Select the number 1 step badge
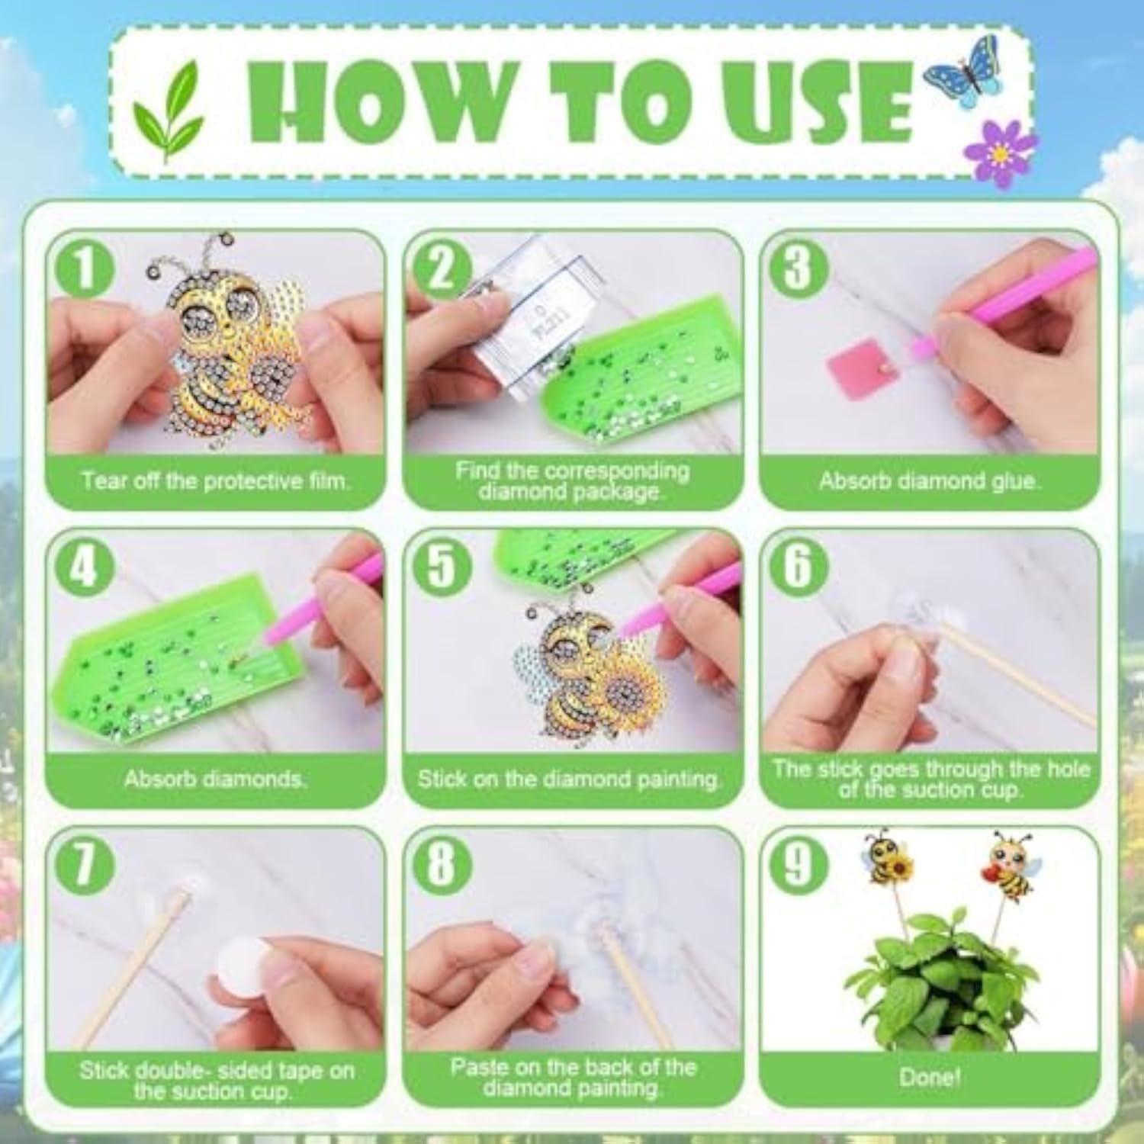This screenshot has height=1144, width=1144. (84, 268)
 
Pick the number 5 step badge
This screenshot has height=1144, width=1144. (441, 565)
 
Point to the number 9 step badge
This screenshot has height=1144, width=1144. (798, 864)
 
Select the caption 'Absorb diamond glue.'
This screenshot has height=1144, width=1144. (928, 481)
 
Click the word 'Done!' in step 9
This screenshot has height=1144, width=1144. (929, 1077)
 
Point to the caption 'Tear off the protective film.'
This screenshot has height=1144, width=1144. (216, 481)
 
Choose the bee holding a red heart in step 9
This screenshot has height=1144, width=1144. (1010, 866)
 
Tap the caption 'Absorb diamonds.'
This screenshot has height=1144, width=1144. (216, 779)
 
